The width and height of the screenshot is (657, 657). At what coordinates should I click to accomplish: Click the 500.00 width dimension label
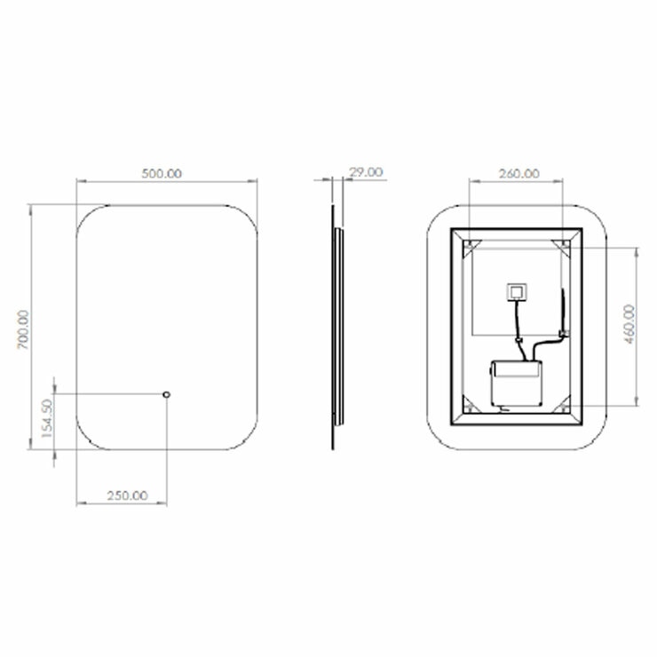pyautogui.click(x=162, y=173)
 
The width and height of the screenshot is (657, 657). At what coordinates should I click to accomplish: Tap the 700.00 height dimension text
pyautogui.click(x=23, y=329)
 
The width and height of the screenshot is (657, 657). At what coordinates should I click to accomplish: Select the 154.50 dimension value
pyautogui.click(x=47, y=418)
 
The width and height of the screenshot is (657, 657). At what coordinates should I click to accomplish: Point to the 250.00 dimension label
pyautogui.click(x=127, y=495)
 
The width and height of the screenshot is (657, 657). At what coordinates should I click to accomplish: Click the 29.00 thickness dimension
pyautogui.click(x=366, y=172)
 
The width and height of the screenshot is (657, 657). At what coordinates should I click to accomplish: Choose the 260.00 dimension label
pyautogui.click(x=519, y=173)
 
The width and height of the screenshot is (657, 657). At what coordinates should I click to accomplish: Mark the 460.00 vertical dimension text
pyautogui.click(x=629, y=324)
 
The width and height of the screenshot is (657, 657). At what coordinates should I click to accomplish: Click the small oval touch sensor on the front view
pyautogui.click(x=167, y=394)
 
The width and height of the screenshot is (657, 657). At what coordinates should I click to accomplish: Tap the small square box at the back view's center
pyautogui.click(x=517, y=292)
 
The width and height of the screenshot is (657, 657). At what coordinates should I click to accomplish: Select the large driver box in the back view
pyautogui.click(x=516, y=383)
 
